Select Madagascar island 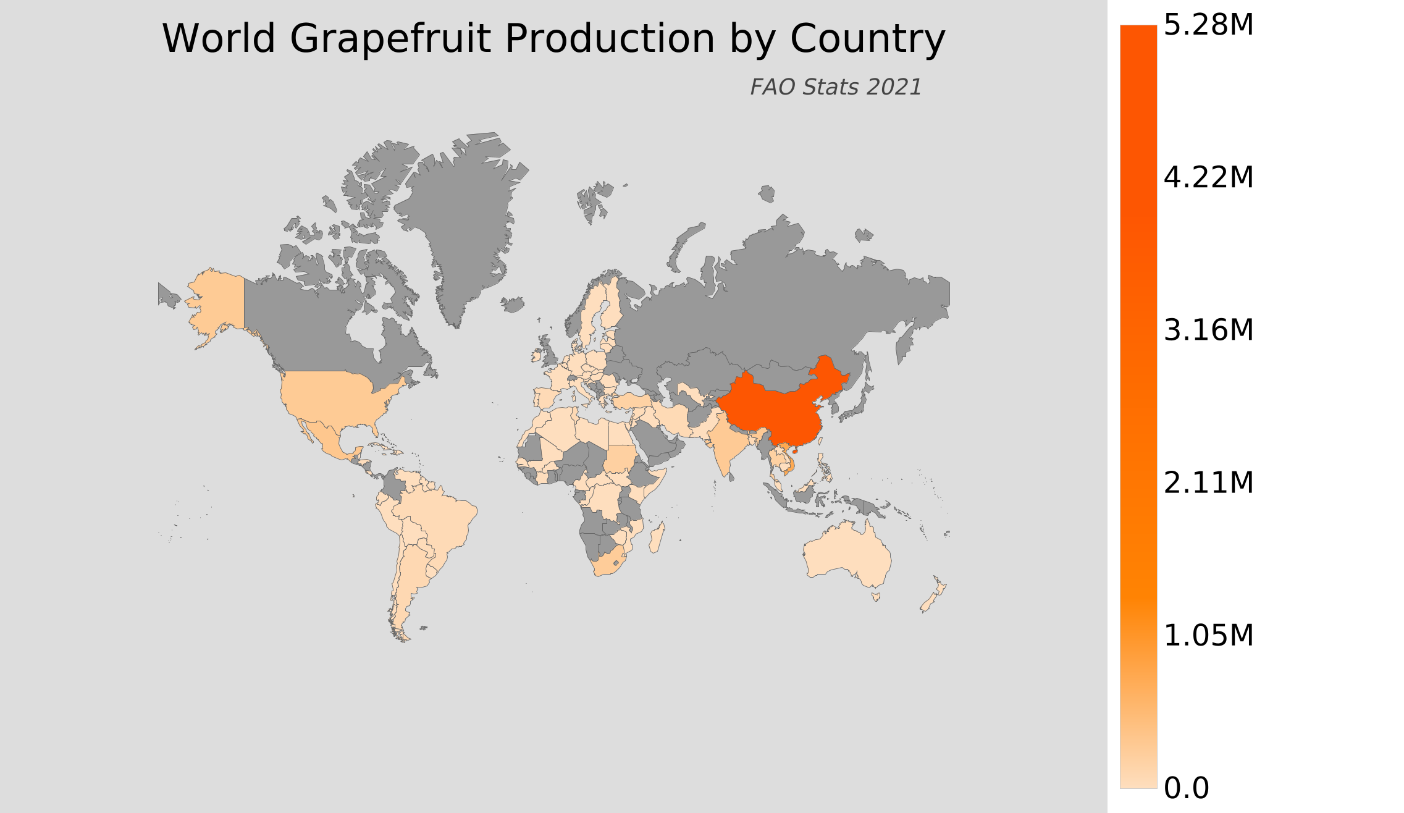657,537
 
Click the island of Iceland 513,305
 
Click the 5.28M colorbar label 1208,25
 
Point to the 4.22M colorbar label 1208,178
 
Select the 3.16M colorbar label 1208,331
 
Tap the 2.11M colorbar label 1208,483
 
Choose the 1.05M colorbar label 1208,636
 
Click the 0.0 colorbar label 1186,788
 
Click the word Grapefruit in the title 390,40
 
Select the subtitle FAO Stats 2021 836,87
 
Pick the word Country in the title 867,40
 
